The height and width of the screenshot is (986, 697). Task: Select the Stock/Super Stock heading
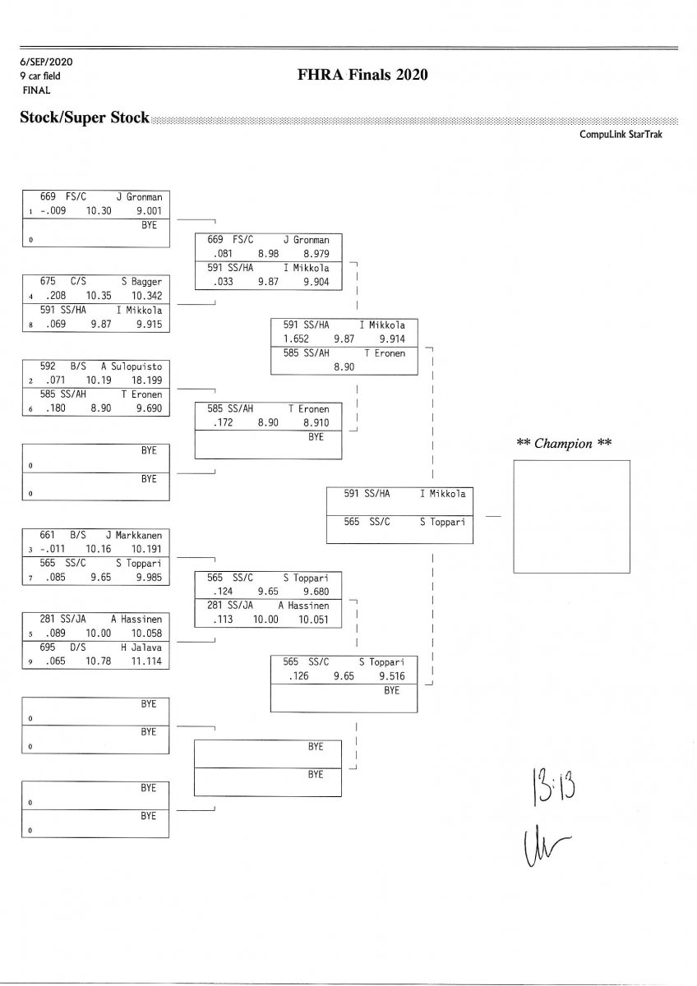(85, 117)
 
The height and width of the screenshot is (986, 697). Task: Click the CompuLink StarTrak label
(620, 135)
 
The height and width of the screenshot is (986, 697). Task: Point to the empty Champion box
(571, 509)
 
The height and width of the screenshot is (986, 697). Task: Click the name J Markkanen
(134, 534)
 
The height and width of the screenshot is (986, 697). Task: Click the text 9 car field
(40, 76)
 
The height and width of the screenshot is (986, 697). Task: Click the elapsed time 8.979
(317, 253)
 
